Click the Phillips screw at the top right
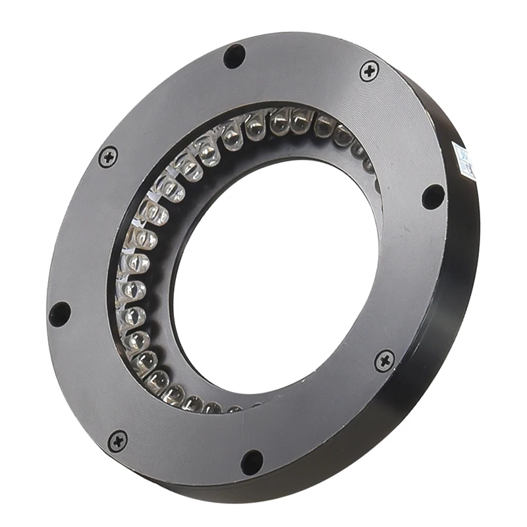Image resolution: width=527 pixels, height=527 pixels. click(370, 70)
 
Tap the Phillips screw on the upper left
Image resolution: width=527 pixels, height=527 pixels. click(107, 157)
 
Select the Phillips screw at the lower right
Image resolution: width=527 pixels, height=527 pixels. click(384, 360)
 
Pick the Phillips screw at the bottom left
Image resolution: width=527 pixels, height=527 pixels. click(118, 441)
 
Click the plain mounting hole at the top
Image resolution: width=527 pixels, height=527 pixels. click(235, 56)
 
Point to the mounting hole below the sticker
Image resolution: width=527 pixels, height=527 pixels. click(433, 196)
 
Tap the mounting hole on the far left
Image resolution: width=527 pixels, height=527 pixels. click(59, 314)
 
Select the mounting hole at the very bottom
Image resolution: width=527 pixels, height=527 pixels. click(252, 462)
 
